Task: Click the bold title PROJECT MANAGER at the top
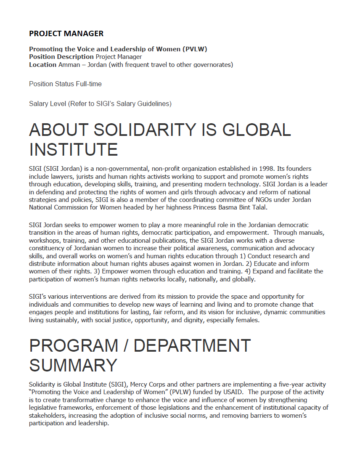click(x=66, y=34)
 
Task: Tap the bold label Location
click(x=42, y=65)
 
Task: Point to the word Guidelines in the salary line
click(x=156, y=103)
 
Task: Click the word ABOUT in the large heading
click(x=58, y=130)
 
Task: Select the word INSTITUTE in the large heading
click(x=74, y=150)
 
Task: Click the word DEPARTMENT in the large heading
click(x=192, y=346)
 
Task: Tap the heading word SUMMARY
click(x=73, y=365)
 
